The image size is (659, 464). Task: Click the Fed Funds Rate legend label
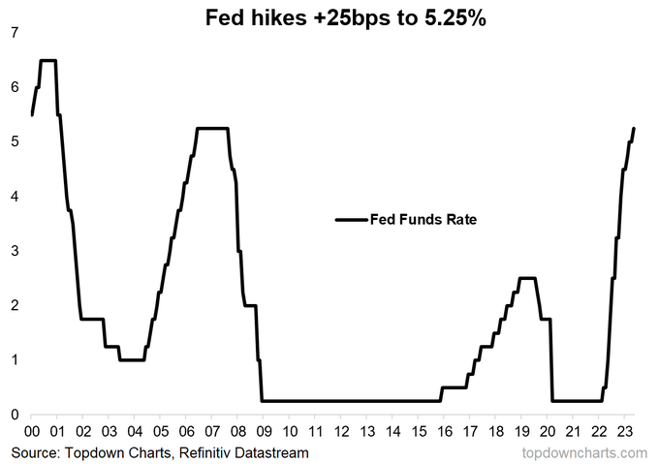424,220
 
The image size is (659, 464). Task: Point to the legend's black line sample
351,220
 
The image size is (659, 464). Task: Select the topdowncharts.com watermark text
588,452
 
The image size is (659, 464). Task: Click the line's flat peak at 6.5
47,60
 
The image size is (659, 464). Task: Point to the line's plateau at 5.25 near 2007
212,128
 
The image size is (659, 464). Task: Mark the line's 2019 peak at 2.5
527,278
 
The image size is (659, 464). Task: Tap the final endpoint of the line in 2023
634,128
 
